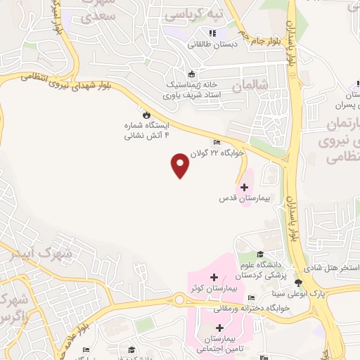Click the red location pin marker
(181, 165)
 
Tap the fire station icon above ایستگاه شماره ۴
(146, 114)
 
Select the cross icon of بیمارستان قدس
(245, 187)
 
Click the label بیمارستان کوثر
(214, 289)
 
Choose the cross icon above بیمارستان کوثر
(214, 276)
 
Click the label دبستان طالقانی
(212, 44)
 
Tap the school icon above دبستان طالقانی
(212, 32)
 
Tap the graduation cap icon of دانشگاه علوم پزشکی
(260, 254)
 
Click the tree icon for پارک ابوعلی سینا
(298, 283)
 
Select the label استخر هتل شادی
(332, 269)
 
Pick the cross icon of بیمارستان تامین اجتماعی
(220, 328)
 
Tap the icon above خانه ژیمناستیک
(191, 74)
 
